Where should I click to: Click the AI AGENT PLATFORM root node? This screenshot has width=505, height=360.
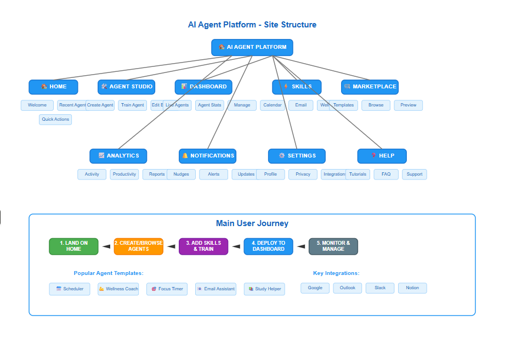click(252, 47)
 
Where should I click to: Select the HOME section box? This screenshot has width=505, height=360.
click(53, 87)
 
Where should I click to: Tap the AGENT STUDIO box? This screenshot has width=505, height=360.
click(127, 87)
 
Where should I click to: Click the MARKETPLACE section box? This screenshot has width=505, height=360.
click(370, 87)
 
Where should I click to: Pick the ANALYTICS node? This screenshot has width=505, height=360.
click(118, 156)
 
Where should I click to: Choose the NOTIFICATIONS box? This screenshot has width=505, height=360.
click(208, 156)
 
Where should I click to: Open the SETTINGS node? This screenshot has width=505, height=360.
click(297, 156)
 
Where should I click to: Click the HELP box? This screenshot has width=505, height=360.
click(382, 156)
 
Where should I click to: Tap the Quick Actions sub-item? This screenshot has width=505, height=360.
click(55, 120)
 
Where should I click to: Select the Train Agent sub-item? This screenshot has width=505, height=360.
click(132, 105)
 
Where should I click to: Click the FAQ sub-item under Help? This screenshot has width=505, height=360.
click(386, 175)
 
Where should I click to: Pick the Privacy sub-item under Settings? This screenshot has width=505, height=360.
click(303, 175)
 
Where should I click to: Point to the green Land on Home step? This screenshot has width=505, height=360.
click(73, 246)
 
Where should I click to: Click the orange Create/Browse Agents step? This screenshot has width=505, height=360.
click(139, 246)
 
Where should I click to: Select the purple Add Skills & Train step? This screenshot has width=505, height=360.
click(203, 246)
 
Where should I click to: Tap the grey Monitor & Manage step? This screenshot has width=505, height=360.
click(333, 246)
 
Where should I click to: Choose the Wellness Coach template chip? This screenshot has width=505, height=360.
click(118, 289)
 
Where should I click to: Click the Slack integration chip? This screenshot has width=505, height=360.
click(380, 288)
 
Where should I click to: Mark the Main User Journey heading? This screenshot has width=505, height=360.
click(252, 223)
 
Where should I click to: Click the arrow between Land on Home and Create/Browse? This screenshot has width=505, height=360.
click(106, 246)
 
